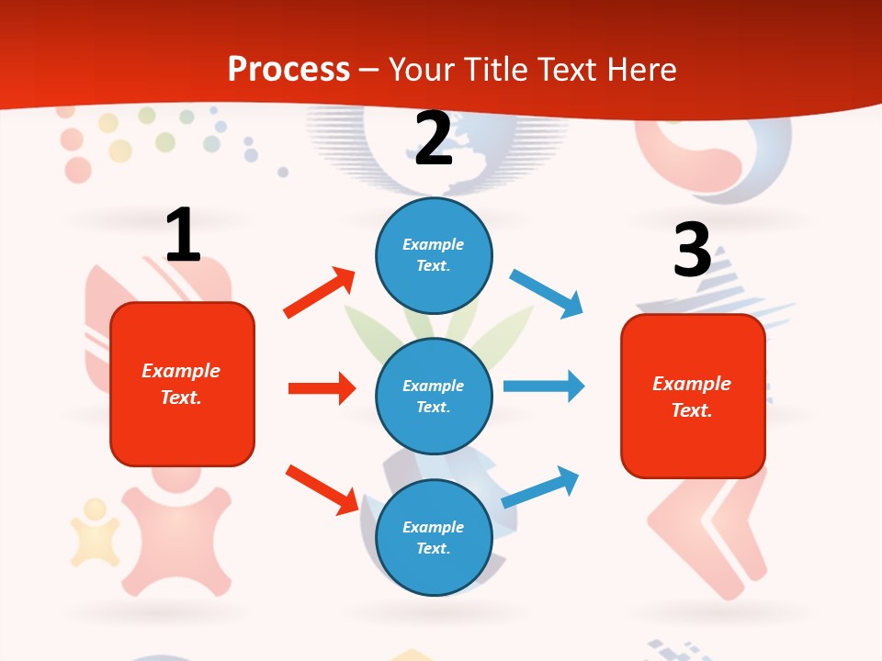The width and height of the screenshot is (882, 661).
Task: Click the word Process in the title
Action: click(288, 70)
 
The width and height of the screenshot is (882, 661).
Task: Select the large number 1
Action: click(183, 236)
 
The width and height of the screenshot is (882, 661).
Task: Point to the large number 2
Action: click(434, 140)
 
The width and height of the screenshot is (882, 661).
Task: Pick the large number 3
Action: click(692, 251)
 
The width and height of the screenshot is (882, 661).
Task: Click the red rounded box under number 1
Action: click(182, 384)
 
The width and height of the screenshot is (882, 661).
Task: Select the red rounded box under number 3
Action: click(693, 396)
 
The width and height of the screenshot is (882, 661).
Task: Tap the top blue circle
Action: click(434, 255)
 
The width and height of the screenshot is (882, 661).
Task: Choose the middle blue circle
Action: click(434, 396)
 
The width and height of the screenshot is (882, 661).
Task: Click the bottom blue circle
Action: click(434, 537)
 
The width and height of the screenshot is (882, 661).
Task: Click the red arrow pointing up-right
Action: click(319, 293)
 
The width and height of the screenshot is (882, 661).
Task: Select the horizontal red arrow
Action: click(322, 388)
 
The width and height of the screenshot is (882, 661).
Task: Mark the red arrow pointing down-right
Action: click(322, 488)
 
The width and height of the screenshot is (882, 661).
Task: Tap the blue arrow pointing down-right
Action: click(547, 294)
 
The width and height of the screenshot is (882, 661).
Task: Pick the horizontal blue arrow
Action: click(544, 386)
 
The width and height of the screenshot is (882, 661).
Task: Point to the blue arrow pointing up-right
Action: click(541, 487)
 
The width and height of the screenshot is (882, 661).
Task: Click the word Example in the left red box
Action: click(181, 371)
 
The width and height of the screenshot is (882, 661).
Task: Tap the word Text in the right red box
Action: click(691, 410)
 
